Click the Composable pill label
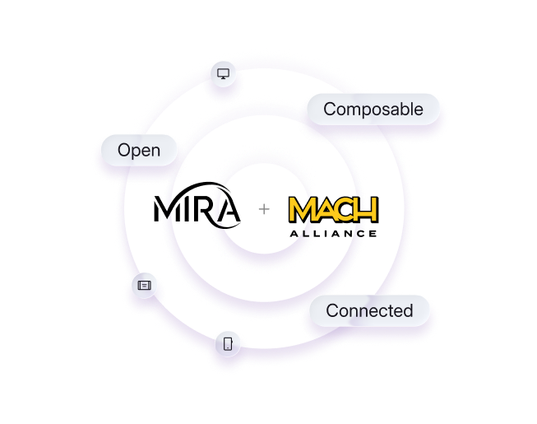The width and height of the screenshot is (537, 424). pyautogui.click(x=373, y=109)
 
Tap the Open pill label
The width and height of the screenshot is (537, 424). pyautogui.click(x=138, y=151)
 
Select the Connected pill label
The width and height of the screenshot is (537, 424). pyautogui.click(x=369, y=310)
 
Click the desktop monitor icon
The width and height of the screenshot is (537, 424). pyautogui.click(x=223, y=74)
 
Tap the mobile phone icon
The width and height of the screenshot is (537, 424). pyautogui.click(x=228, y=343)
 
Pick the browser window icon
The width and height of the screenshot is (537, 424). pyautogui.click(x=145, y=285)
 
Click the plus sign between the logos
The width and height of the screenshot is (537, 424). pyautogui.click(x=264, y=210)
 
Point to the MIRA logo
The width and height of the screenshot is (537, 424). pyautogui.click(x=197, y=207)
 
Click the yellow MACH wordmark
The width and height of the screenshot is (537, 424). pyautogui.click(x=333, y=210)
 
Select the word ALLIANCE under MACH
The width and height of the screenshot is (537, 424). pyautogui.click(x=333, y=234)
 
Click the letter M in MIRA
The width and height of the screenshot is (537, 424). pyautogui.click(x=169, y=209)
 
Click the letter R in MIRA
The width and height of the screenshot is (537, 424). pyautogui.click(x=206, y=209)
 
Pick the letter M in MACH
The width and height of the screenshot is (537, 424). pyautogui.click(x=302, y=210)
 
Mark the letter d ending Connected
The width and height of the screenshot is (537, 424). pyautogui.click(x=408, y=310)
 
